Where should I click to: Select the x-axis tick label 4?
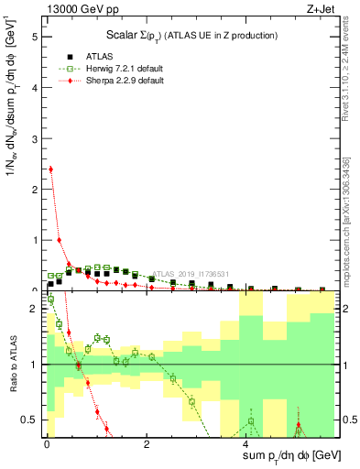[245, 443]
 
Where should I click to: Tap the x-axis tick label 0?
[46, 443]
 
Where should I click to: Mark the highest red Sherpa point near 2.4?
[50, 169]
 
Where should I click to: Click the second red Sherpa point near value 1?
[60, 240]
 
